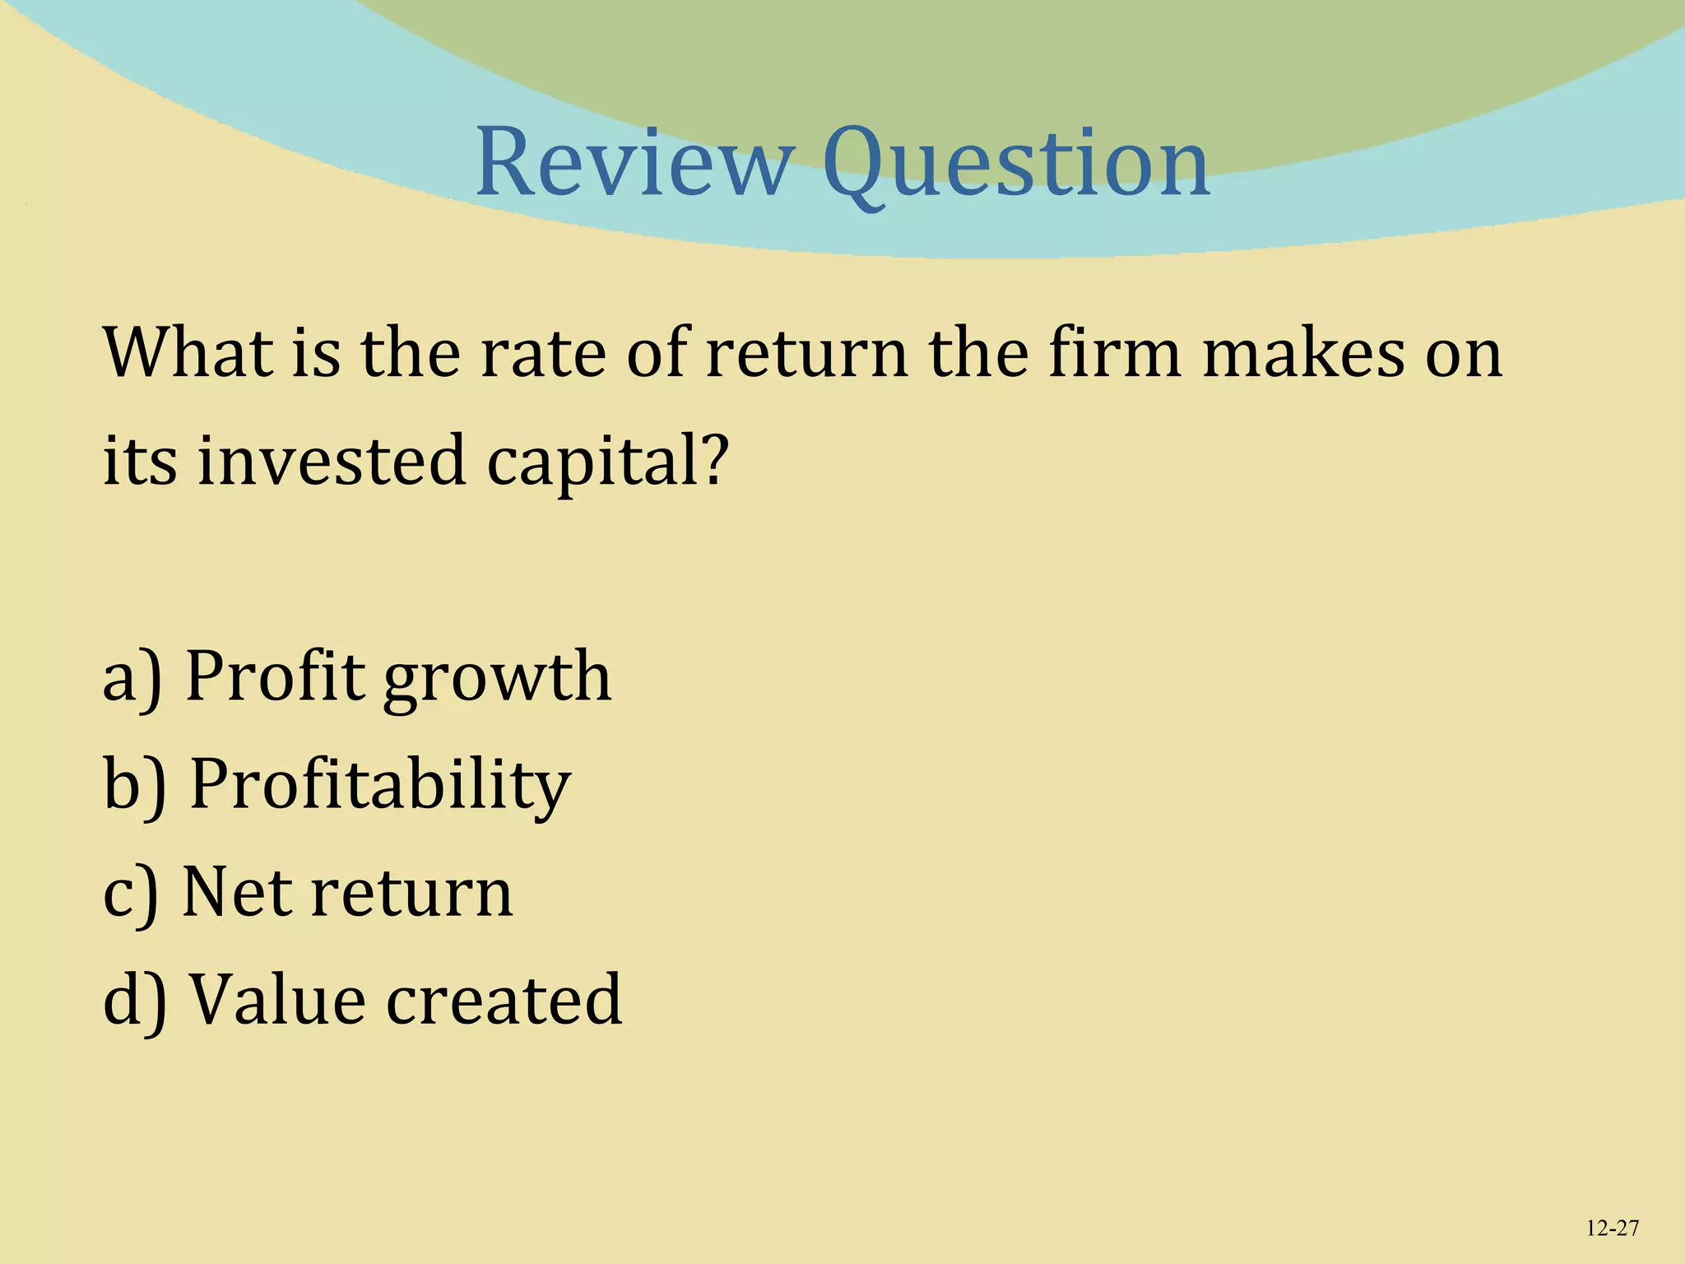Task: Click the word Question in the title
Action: (x=1016, y=165)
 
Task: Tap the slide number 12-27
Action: (x=1612, y=1229)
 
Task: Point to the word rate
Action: (x=541, y=354)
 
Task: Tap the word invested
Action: (x=332, y=460)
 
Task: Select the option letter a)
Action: (x=132, y=676)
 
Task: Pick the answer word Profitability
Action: (x=380, y=786)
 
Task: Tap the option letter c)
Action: (x=130, y=893)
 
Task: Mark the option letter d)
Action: (x=134, y=999)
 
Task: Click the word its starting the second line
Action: (x=139, y=460)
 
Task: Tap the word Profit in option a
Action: (x=275, y=676)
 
